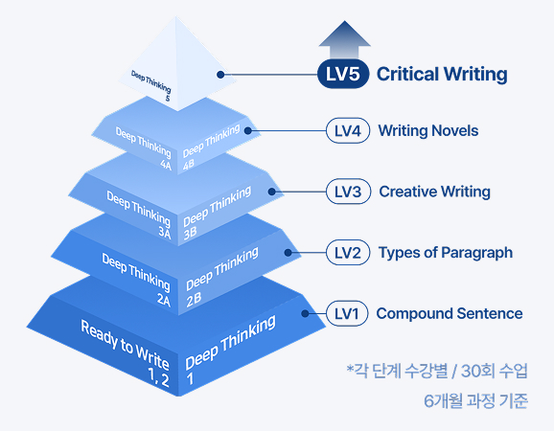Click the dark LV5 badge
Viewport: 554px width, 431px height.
click(x=342, y=74)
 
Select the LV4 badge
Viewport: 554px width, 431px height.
click(x=348, y=130)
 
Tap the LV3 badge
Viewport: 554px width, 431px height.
click(x=348, y=192)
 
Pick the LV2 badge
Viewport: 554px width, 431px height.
click(x=348, y=253)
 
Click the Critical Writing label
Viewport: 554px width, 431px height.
click(x=441, y=74)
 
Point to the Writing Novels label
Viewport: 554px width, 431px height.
click(x=428, y=130)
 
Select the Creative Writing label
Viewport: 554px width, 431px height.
click(x=434, y=192)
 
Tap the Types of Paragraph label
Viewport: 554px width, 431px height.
click(x=446, y=253)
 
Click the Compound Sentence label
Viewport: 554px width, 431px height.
click(x=449, y=313)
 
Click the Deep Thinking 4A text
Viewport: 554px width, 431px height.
click(x=144, y=146)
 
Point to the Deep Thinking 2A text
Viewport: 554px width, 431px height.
click(x=137, y=277)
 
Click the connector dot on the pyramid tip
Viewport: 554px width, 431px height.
click(x=220, y=73)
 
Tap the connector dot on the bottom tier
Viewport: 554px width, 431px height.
click(x=305, y=313)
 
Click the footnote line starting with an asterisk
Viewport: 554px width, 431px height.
click(x=436, y=370)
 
